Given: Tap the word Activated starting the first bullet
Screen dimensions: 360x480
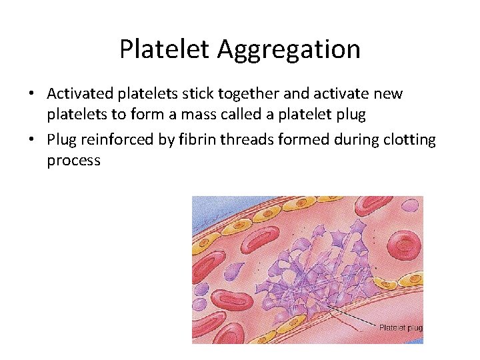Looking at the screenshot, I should (x=78, y=93).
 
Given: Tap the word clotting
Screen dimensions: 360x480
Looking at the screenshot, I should (x=407, y=140).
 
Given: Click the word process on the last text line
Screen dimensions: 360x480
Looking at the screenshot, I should (x=73, y=161).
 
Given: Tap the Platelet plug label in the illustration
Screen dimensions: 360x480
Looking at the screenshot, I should (x=400, y=327).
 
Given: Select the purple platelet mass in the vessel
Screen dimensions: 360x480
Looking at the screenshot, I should (x=313, y=267).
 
